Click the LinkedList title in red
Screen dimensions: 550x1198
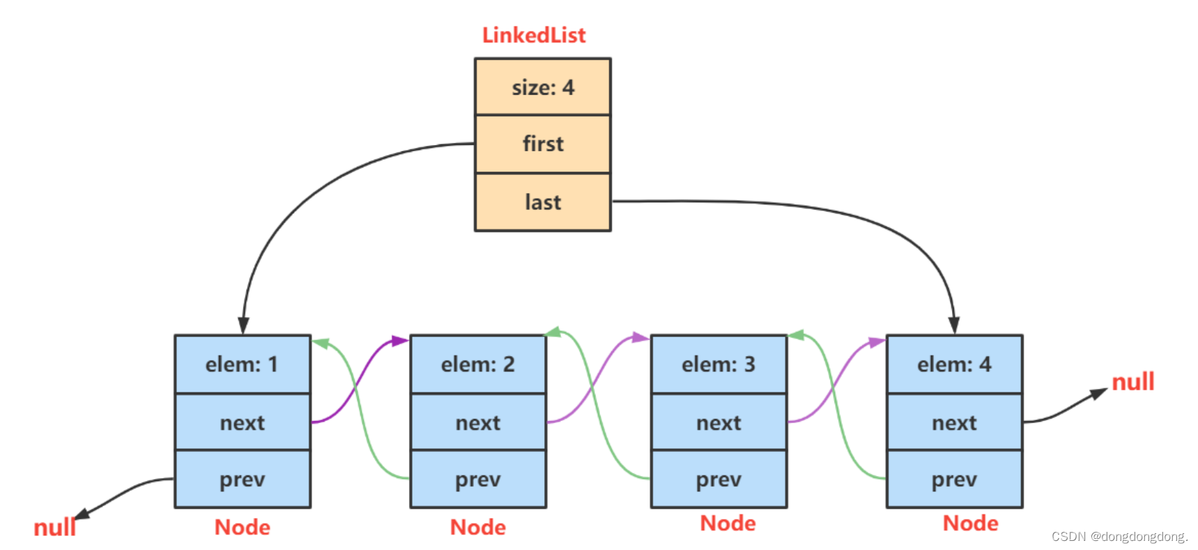534,35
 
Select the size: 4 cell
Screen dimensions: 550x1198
542,87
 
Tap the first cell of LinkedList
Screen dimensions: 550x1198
542,144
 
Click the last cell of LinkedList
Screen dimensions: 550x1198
542,202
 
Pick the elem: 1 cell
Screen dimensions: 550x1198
242,365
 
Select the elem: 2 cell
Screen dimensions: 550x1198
477,365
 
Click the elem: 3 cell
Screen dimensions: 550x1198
718,365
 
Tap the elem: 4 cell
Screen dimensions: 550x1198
953,365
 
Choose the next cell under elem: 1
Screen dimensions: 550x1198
242,422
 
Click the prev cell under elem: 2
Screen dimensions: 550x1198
477,480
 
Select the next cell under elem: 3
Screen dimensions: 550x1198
718,422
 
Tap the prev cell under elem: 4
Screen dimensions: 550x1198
953,480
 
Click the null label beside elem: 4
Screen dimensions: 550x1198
1132,382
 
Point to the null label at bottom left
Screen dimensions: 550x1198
54,528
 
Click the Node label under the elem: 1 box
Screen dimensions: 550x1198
242,528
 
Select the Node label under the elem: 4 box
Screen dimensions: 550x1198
970,524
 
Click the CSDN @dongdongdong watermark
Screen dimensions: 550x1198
1119,537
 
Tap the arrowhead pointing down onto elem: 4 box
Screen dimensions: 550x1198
953,326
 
